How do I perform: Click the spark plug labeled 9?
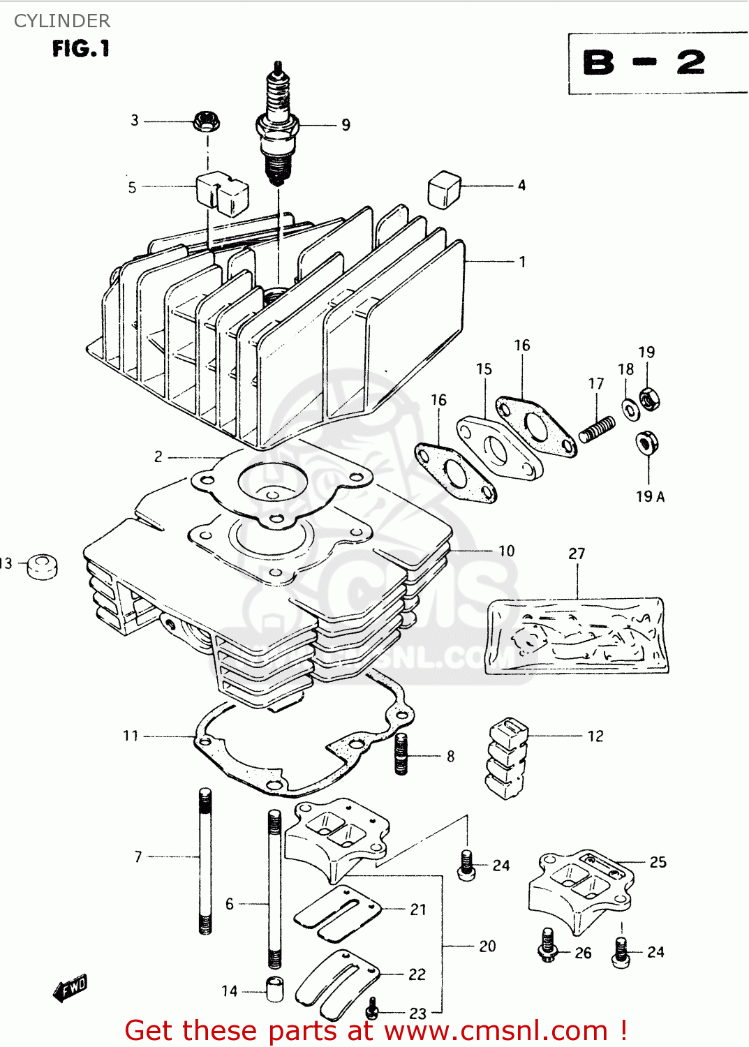pyautogui.click(x=278, y=126)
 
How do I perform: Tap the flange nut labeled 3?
pyautogui.click(x=207, y=121)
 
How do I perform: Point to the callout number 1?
pyautogui.click(x=522, y=262)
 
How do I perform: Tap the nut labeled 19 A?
pyautogui.click(x=647, y=443)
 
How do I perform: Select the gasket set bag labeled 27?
pyautogui.click(x=577, y=635)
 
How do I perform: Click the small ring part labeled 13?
pyautogui.click(x=42, y=566)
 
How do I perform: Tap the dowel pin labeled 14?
pyautogui.click(x=275, y=990)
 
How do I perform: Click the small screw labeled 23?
pyautogui.click(x=373, y=1007)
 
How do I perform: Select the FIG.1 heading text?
pyautogui.click(x=81, y=49)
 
